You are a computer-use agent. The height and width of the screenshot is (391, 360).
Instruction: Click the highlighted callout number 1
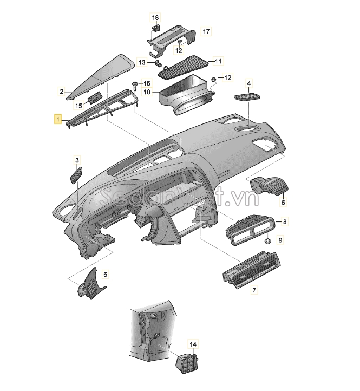tap(58, 119)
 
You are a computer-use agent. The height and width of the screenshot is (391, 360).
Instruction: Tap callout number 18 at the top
tap(155, 18)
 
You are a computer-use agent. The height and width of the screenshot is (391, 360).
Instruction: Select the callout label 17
tap(206, 31)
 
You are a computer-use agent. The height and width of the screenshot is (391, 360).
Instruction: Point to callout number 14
tap(193, 344)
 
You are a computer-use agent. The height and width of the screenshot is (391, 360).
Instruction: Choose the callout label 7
tap(254, 290)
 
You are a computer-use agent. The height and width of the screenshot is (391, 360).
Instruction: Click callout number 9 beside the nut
tap(280, 240)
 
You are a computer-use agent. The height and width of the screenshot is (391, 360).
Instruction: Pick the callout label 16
tap(147, 83)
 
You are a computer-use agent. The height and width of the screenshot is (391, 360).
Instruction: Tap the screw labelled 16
tap(135, 86)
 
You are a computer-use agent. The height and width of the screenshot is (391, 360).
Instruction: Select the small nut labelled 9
tap(268, 241)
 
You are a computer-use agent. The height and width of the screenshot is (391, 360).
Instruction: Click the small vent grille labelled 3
tap(76, 175)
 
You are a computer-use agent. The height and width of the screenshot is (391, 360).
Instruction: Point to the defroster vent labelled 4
tap(247, 97)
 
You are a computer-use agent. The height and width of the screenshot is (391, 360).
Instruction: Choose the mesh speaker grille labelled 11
tap(183, 67)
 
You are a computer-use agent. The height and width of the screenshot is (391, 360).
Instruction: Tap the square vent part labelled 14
tap(186, 363)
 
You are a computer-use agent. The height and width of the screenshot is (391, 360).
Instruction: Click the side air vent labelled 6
tap(269, 185)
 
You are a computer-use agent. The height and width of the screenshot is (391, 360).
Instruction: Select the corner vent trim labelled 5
tap(92, 284)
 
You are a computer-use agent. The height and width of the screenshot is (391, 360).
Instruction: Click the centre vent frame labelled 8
tap(250, 230)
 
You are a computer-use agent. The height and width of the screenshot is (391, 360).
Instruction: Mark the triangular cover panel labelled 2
tap(100, 77)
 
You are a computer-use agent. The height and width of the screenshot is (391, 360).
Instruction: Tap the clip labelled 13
tap(158, 63)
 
